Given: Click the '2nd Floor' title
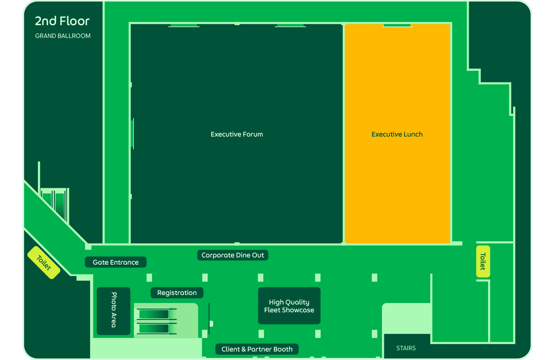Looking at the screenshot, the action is coord(62,21).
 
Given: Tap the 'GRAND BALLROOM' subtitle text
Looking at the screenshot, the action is coord(63,36).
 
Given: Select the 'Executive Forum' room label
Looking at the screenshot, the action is coord(237,134).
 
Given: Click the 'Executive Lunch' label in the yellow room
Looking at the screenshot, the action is coord(397,134).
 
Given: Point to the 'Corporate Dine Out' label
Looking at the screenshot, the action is coord(233,255).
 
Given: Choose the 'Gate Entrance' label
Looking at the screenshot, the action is coord(116,262).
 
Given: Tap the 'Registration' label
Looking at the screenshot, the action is coord(177,293).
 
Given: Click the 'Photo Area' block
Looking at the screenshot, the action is coord(114,311).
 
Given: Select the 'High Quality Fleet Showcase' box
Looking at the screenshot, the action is coord(289,306).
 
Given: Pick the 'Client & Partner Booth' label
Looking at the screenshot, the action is coord(257,349).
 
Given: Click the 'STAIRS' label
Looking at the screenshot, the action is coord(406,348).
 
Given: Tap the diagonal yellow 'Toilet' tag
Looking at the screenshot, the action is coord(44,263).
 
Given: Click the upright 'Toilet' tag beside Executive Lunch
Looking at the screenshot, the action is coord(483,261).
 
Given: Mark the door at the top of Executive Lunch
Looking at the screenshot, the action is coord(397,25).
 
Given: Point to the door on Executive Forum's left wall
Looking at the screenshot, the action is coord(132,134).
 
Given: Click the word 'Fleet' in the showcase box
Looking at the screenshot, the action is coord(272,310).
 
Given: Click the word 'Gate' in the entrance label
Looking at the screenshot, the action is coord(100,262).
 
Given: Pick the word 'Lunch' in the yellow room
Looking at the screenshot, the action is coord(413,134).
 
